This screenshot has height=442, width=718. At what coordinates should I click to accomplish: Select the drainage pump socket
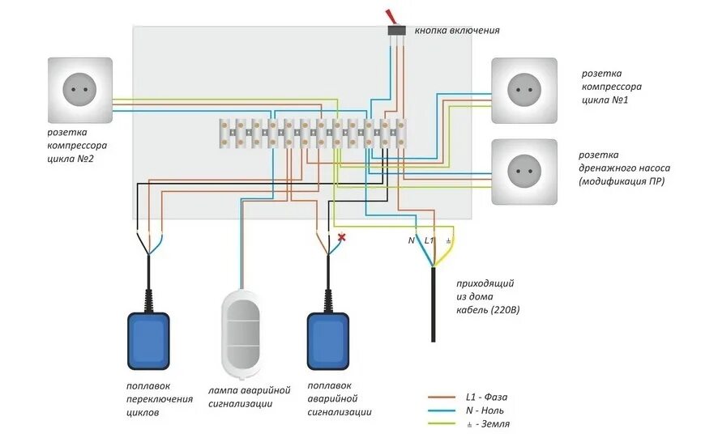point(524,171)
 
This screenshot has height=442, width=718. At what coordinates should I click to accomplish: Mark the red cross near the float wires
point(342,237)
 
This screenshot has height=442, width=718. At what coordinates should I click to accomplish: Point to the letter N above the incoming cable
point(411,240)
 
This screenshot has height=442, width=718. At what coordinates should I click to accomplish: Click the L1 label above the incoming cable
point(430,240)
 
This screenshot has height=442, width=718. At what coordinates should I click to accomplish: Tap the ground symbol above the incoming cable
point(449,240)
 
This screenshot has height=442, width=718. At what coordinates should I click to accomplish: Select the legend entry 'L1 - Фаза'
point(486,397)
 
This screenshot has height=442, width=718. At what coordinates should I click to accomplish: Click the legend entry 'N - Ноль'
point(486,410)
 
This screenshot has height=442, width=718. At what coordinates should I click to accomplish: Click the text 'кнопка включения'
point(457,31)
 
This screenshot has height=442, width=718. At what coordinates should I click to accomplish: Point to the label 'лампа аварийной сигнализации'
point(249,397)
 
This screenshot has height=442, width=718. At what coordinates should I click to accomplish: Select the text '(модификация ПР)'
point(622,181)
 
